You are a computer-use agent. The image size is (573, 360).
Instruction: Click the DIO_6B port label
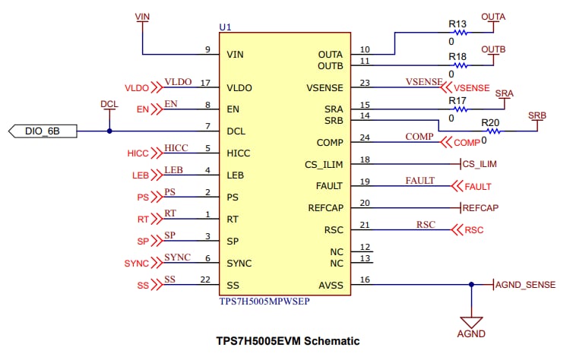pyautogui.click(x=41, y=131)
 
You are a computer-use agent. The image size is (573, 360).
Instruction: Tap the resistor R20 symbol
pyautogui.click(x=490, y=131)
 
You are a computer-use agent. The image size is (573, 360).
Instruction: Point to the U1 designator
pyautogui.click(x=225, y=27)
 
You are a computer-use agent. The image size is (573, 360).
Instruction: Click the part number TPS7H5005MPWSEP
pyautogui.click(x=264, y=301)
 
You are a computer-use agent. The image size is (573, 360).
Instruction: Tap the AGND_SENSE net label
pyautogui.click(x=526, y=285)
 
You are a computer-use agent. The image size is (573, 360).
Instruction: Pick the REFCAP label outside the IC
pyautogui.click(x=480, y=207)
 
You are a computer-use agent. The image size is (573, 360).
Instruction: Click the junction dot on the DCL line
pyautogui.click(x=109, y=131)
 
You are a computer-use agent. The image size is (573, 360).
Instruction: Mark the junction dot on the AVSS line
pyautogui.click(x=471, y=285)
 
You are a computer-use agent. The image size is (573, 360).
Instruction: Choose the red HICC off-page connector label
pyautogui.click(x=138, y=153)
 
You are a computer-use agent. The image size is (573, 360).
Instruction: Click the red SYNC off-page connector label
pyautogui.click(x=137, y=264)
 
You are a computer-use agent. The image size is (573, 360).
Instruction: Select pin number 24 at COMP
pyautogui.click(x=366, y=137)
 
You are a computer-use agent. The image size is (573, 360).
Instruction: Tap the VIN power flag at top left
pyautogui.click(x=141, y=16)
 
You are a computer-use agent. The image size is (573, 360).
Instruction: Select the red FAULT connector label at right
pyautogui.click(x=478, y=186)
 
